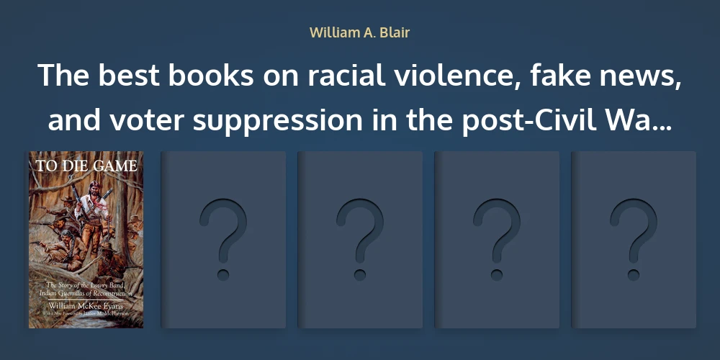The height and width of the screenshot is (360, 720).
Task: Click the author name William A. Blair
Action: pyautogui.click(x=359, y=32)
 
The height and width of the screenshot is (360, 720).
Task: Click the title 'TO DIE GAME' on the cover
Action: pyautogui.click(x=86, y=166)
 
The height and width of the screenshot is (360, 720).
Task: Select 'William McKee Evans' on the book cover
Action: pyautogui.click(x=86, y=306)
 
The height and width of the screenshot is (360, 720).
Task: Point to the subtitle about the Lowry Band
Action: pyautogui.click(x=86, y=290)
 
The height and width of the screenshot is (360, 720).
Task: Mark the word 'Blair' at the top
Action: pyautogui.click(x=394, y=32)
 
